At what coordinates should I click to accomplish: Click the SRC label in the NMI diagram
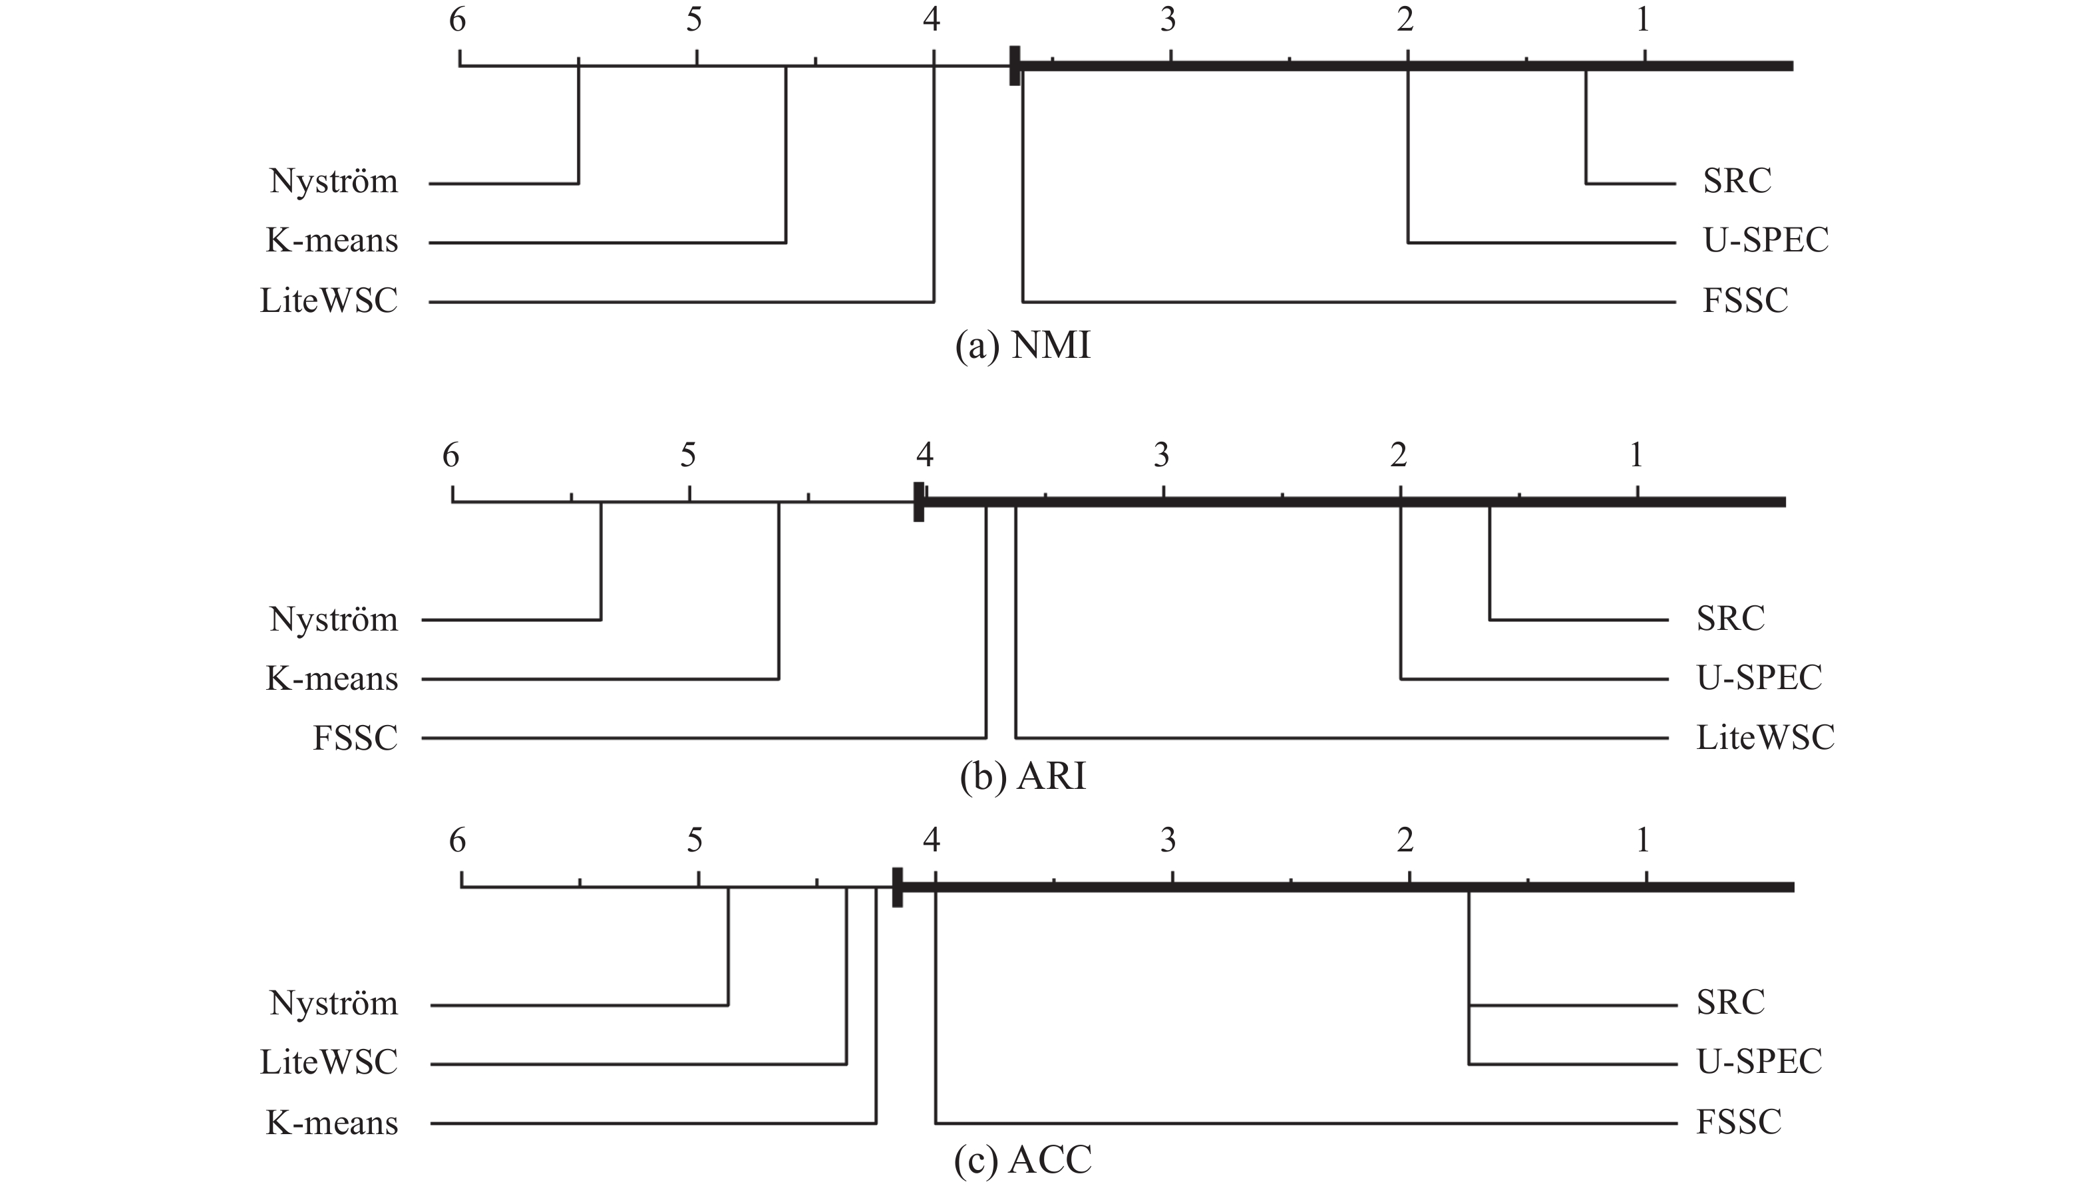[x=1736, y=181]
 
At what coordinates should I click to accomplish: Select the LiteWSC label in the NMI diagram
[x=328, y=301]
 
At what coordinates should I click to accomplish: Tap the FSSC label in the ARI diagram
[x=355, y=738]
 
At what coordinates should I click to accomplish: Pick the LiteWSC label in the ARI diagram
[x=1765, y=738]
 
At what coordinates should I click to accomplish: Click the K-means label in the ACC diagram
[x=331, y=1122]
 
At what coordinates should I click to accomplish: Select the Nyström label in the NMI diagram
[x=334, y=181]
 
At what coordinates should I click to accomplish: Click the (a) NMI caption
[x=1022, y=346]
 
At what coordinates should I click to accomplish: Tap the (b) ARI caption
[x=1022, y=776]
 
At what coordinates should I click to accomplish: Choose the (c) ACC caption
[x=1022, y=1160]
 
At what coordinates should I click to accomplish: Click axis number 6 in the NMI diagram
[x=458, y=19]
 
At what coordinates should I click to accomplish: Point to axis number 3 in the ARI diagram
[x=1162, y=454]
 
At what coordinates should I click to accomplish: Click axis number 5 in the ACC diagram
[x=694, y=839]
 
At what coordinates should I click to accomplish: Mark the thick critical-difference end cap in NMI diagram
[x=1014, y=65]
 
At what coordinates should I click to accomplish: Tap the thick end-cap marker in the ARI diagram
[x=919, y=502]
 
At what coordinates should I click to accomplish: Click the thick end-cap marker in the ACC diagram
[x=897, y=887]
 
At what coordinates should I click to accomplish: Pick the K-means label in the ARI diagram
[x=331, y=678]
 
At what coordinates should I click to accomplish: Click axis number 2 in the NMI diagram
[x=1405, y=19]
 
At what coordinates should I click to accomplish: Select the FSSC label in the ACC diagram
[x=1739, y=1121]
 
